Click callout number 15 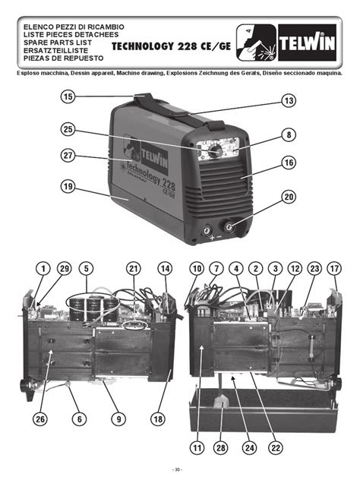click(x=68, y=96)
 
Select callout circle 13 click(x=289, y=100)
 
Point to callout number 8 click(x=289, y=135)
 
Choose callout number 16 click(x=289, y=162)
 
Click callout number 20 click(x=289, y=195)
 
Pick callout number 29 click(x=64, y=268)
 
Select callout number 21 click(x=134, y=268)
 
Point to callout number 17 click(x=334, y=268)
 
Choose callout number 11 click(x=197, y=447)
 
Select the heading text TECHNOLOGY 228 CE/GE click(x=171, y=46)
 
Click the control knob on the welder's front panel click(x=216, y=151)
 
